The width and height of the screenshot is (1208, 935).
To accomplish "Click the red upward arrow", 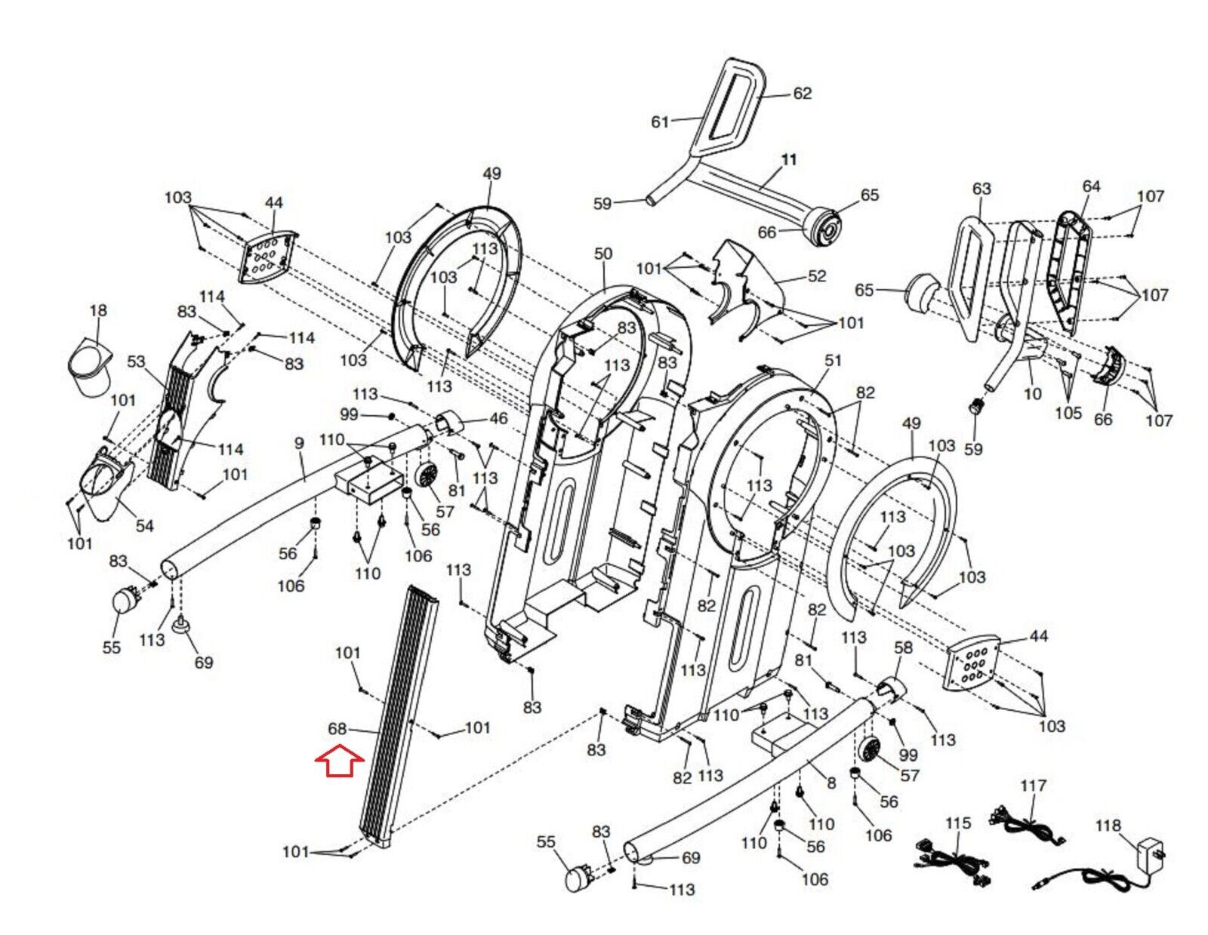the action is [x=339, y=761].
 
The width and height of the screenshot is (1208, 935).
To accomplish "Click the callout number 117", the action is [x=1034, y=786].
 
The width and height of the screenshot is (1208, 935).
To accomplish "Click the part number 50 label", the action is [x=602, y=254].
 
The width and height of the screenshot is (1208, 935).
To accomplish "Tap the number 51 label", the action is [x=833, y=361].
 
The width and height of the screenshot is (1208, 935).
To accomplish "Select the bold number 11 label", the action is [x=789, y=160].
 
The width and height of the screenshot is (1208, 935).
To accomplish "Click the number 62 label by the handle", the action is [x=802, y=94].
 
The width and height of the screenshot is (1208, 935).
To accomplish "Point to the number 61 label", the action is [x=660, y=121].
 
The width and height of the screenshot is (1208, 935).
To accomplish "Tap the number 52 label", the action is [x=817, y=275].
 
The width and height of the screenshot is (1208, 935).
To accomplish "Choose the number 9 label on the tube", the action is [x=300, y=443].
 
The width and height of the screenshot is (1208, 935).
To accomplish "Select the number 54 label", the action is [x=144, y=525].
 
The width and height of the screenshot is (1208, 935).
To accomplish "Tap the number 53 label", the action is [x=136, y=361].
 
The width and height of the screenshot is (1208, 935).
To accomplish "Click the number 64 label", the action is [x=1091, y=186].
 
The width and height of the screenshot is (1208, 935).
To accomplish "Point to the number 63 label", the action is [x=981, y=189].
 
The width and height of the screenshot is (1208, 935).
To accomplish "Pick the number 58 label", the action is [x=904, y=647].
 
